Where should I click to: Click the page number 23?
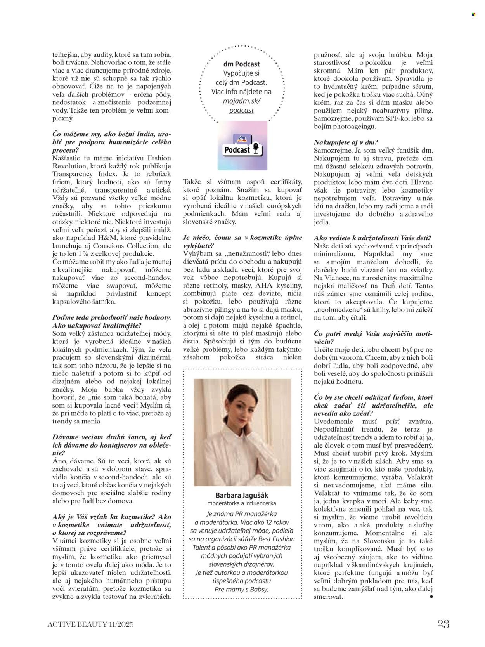coord(443,624)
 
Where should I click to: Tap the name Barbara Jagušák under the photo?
coord(242,495)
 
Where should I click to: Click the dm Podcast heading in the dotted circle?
coord(241,64)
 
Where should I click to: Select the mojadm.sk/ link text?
coord(241,101)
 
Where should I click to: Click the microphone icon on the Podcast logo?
coord(255,148)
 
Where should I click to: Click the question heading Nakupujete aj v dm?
coord(346,142)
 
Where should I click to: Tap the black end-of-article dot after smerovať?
coord(431,597)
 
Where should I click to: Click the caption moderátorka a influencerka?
coord(242,503)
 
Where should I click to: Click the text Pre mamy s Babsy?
coord(241,589)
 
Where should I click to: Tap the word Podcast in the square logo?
coord(237,150)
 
